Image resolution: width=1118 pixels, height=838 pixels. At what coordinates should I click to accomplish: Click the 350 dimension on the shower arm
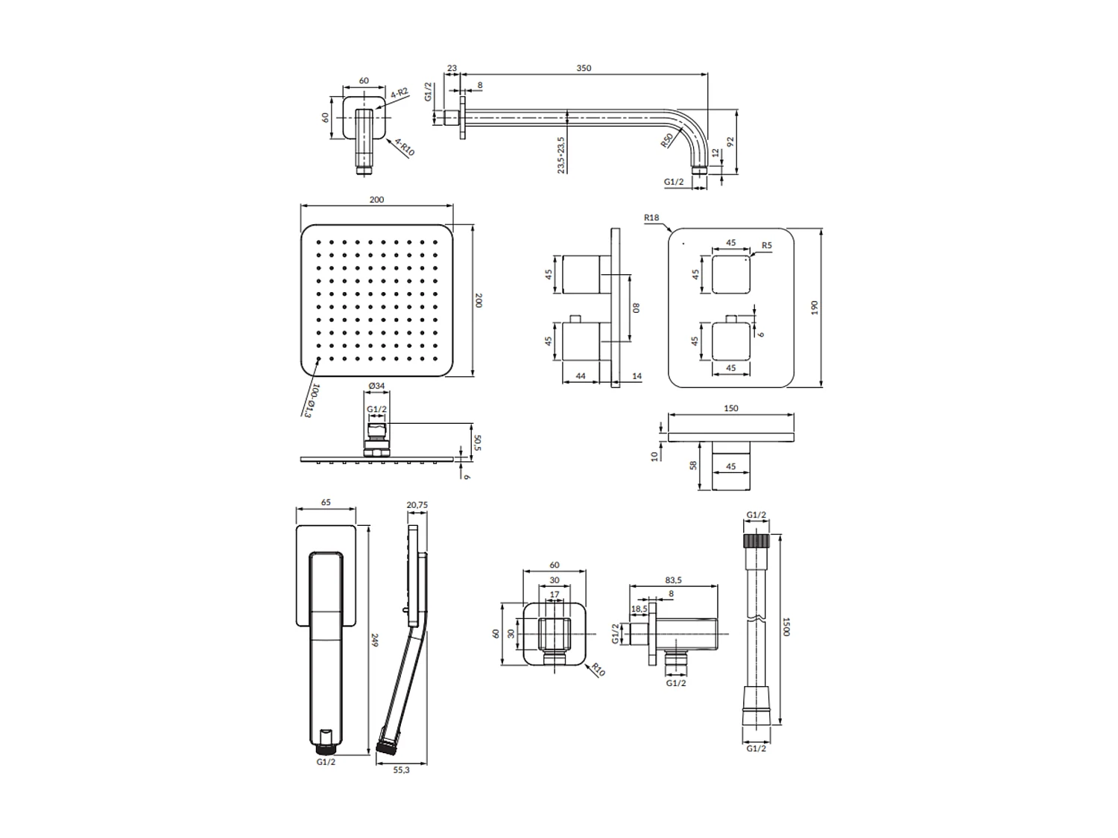coord(584,68)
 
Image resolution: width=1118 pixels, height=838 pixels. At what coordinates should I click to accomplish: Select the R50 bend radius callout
coord(667,140)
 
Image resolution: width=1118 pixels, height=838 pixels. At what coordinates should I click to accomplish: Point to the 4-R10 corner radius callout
coord(405,146)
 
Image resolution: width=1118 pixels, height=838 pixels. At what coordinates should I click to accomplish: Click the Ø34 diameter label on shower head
coord(376,386)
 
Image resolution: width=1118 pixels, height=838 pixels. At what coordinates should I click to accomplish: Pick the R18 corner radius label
coord(651,218)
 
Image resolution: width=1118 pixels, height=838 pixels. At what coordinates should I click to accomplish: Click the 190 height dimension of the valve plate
coord(814,307)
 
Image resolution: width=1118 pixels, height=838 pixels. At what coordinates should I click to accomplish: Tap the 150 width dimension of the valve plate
coord(730,408)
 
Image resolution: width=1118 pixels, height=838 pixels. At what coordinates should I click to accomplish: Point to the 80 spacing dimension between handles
coord(636,307)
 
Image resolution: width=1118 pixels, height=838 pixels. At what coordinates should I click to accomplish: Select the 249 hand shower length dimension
coord(375,640)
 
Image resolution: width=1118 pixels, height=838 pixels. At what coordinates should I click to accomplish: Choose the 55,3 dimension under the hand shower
coord(401,770)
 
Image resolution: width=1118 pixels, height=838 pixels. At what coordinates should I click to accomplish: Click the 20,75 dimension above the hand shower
coord(417,504)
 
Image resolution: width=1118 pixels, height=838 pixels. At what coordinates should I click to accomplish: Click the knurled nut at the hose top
coord(756,541)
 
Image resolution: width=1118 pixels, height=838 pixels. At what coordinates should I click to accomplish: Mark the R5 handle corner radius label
coord(766,245)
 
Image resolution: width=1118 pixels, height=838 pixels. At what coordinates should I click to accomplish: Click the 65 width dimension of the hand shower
coord(326,503)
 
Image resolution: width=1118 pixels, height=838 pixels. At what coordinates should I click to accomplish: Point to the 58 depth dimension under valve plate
coord(693,465)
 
